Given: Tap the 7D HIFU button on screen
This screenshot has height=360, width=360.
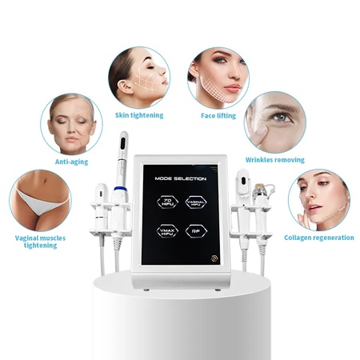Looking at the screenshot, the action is click(167, 202).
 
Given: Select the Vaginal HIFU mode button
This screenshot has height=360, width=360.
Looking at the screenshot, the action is click(196, 202).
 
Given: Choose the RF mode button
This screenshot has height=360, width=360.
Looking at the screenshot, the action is click(196, 231).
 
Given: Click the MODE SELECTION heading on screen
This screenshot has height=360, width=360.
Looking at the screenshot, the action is click(181, 178).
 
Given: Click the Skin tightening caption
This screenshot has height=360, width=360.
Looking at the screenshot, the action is click(139, 115).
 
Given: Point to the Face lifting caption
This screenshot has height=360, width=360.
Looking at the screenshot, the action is click(218, 115).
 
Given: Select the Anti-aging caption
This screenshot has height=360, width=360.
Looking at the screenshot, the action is click(71, 162).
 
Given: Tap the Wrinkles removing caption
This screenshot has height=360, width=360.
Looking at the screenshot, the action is click(275, 160).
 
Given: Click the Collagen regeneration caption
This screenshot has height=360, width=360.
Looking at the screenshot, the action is click(319, 238).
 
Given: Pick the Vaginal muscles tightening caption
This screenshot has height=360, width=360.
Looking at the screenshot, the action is click(40, 242).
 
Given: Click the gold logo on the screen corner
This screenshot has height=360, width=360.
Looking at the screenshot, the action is click(214, 258).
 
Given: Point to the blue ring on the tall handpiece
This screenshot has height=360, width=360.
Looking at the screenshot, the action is click(120, 189).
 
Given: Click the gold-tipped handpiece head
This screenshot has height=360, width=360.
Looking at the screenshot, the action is click(258, 188).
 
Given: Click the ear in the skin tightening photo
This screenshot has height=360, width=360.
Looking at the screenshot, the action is click(125, 87).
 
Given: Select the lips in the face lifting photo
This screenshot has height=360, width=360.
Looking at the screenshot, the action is click(232, 88).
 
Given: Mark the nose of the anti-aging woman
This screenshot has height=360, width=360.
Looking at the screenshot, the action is click(72, 130).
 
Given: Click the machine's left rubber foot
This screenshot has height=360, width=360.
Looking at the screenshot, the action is click(146, 290).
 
